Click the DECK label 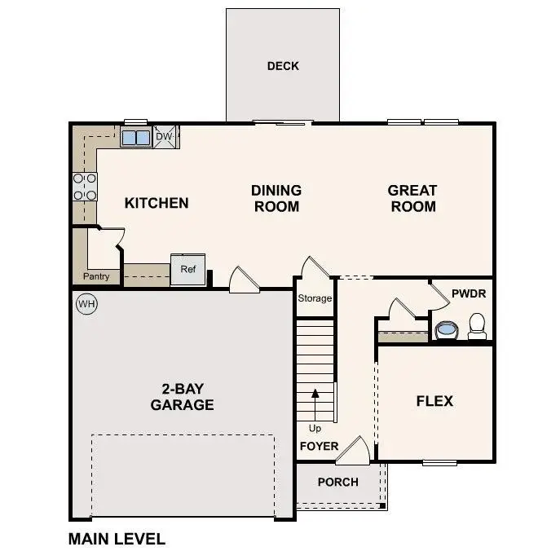point(283,66)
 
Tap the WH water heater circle point(86,304)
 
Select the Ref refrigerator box point(187,270)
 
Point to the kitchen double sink point(136,137)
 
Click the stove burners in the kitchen point(85,187)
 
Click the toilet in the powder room point(477,326)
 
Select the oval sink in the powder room point(446,330)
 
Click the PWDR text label point(468,291)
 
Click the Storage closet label point(315,298)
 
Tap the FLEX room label point(434,401)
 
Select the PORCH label point(337,482)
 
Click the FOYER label point(319,447)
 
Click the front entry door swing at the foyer point(354,451)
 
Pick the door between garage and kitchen point(243,280)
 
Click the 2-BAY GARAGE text point(182,397)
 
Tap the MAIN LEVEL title point(117,539)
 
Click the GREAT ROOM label point(412,198)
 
